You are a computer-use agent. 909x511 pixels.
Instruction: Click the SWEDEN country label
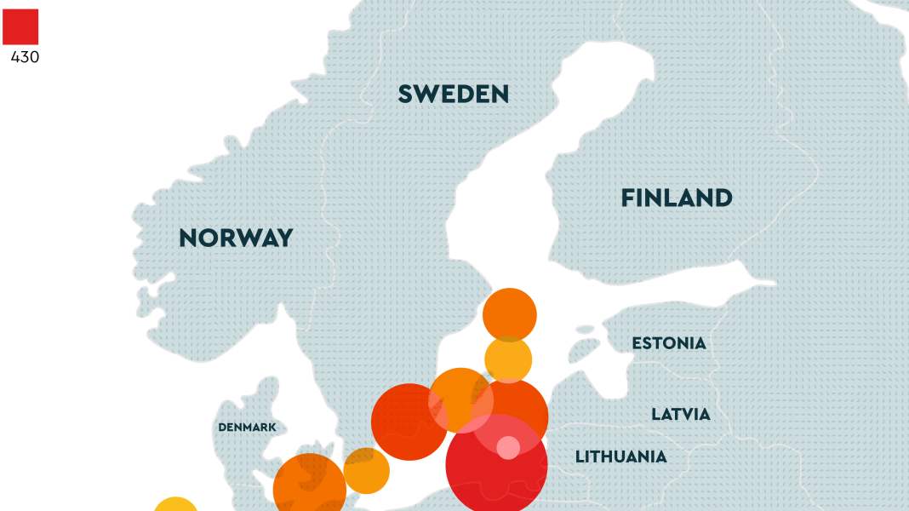(453, 95)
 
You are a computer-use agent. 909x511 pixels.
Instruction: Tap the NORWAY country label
(236, 238)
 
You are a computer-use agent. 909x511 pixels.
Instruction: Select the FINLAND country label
(676, 198)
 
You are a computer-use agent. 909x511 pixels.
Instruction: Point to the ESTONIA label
(668, 343)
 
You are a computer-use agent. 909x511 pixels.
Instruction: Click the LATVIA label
(680, 415)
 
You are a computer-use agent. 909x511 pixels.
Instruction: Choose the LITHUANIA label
(620, 457)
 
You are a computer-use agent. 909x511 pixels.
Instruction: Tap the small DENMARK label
(247, 427)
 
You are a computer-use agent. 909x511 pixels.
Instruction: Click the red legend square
(20, 26)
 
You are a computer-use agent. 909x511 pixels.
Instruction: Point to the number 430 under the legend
(25, 58)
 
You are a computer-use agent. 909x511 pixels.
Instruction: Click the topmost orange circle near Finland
(509, 314)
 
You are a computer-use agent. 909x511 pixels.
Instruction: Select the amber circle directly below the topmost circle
(508, 359)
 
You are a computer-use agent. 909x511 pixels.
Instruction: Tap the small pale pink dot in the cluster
(508, 447)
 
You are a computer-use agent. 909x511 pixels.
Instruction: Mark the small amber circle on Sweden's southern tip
(367, 471)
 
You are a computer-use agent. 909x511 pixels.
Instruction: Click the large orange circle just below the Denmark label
(309, 487)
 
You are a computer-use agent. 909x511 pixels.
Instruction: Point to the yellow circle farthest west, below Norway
(175, 505)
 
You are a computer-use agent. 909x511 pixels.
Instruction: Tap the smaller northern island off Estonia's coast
(585, 330)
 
